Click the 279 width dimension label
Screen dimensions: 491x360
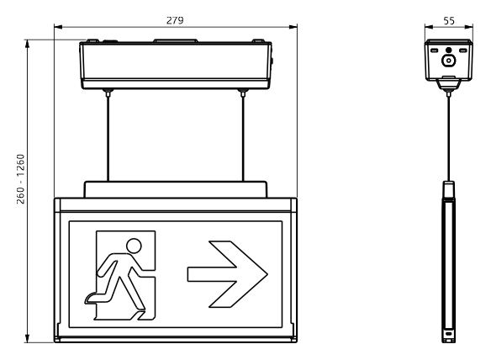(x=175, y=20)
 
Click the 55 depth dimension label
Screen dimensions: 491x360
(x=449, y=21)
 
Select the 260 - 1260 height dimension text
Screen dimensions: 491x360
(x=20, y=179)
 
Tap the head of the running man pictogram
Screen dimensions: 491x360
(x=134, y=246)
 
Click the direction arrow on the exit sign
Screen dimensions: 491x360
(x=228, y=274)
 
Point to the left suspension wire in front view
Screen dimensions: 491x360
(x=108, y=138)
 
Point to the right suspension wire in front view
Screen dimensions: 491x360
(x=243, y=138)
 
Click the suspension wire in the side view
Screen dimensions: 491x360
(x=449, y=138)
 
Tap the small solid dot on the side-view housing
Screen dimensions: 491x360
(x=449, y=50)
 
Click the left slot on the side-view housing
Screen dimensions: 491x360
(x=434, y=50)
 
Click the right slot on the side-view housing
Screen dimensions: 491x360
(x=463, y=50)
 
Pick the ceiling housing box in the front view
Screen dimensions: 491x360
(x=176, y=65)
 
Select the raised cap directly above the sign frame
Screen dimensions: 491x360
(x=176, y=189)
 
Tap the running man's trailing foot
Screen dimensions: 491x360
(x=92, y=298)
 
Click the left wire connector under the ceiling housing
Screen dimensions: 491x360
(x=108, y=93)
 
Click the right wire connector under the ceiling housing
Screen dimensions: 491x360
(x=243, y=93)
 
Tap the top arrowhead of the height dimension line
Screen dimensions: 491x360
(x=28, y=44)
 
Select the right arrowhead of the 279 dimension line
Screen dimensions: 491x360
(x=293, y=27)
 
